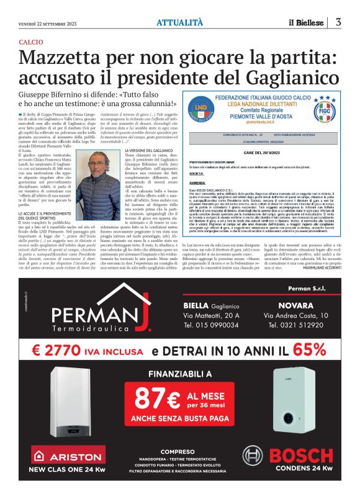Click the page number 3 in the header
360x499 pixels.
pyautogui.click(x=338, y=22)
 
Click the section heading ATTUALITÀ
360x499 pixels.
pyautogui.click(x=179, y=22)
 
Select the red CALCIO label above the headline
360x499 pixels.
pyautogui.click(x=30, y=41)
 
